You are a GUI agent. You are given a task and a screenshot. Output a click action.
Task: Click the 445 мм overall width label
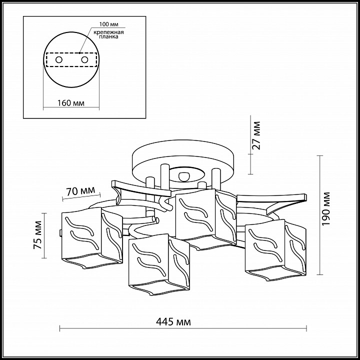(173, 322)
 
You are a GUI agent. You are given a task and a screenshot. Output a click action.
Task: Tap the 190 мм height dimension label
(326, 208)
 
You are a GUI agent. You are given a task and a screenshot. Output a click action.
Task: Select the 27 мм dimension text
(256, 135)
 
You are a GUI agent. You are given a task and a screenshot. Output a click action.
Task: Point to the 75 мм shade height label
(37, 235)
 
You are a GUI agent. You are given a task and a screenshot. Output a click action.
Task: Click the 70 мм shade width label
(80, 191)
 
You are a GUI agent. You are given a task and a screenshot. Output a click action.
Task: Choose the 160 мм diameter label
(70, 103)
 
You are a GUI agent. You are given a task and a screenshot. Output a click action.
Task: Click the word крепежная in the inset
(108, 32)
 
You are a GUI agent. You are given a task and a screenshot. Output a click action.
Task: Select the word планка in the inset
(109, 36)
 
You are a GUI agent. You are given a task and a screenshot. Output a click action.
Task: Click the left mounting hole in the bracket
(59, 60)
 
